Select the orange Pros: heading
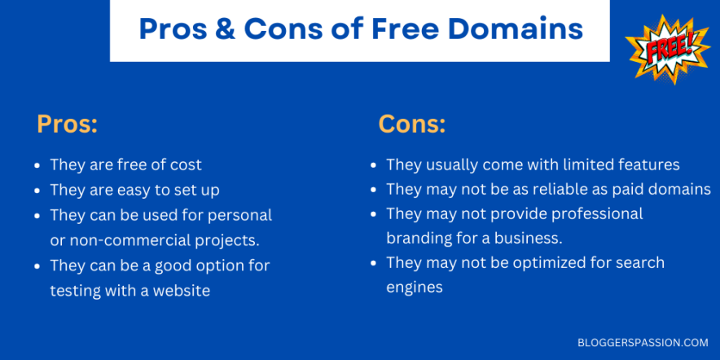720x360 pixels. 68,125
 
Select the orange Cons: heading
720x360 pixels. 412,125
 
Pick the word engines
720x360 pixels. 415,288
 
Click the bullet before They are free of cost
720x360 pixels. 37,165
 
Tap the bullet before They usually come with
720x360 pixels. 373,165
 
